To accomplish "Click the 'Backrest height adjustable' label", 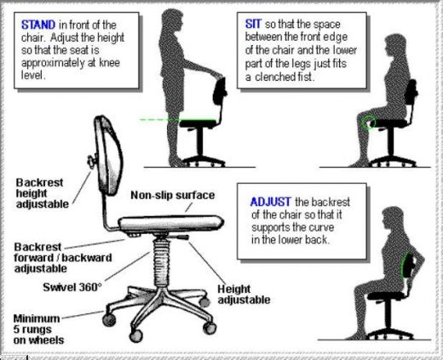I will click(43, 191).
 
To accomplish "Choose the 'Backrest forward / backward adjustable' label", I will click(53, 255).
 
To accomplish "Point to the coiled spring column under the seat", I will click(160, 256).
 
